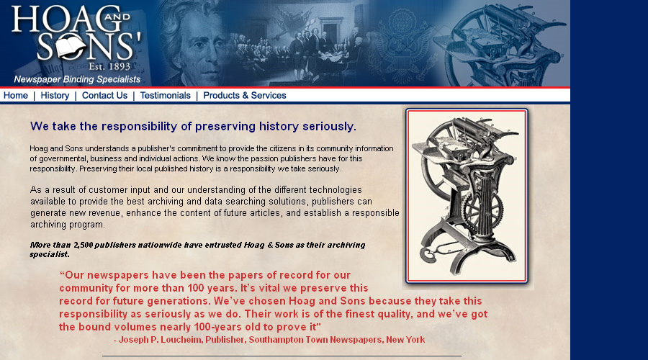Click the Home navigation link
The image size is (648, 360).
click(x=16, y=96)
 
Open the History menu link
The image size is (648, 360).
click(x=55, y=96)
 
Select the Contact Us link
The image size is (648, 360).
click(x=104, y=96)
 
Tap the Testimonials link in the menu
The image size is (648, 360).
click(x=166, y=96)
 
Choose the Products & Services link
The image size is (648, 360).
click(x=245, y=96)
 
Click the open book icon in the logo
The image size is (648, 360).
click(x=71, y=47)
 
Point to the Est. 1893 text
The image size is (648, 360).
click(x=109, y=66)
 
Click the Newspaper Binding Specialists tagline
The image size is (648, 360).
click(x=77, y=79)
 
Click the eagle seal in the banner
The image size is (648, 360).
click(x=400, y=45)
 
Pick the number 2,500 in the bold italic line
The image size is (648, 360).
click(x=83, y=245)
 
